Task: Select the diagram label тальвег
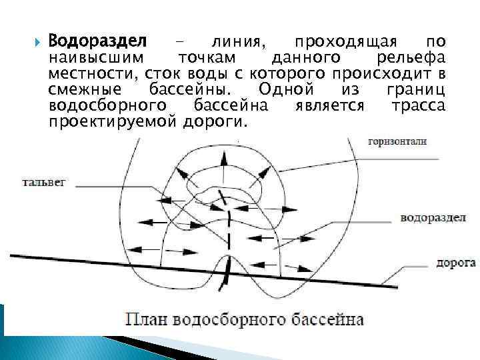(44, 181)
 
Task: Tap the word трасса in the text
(419, 106)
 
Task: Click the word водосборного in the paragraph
(108, 106)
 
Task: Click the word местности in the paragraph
(89, 73)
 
